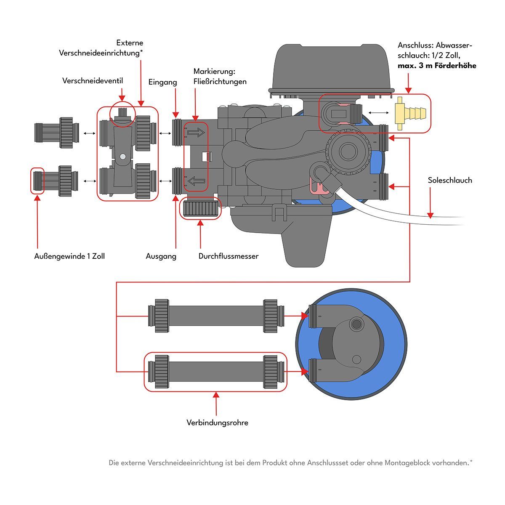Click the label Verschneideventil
pyautogui.click(x=93, y=80)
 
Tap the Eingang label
pyautogui.click(x=162, y=82)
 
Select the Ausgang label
pyautogui.click(x=161, y=256)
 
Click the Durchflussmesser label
pyautogui.click(x=228, y=256)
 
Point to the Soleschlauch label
pyautogui.click(x=450, y=180)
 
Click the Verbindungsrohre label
pyautogui.click(x=217, y=423)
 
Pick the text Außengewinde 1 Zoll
pyautogui.click(x=69, y=256)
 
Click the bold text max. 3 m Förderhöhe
pyautogui.click(x=437, y=66)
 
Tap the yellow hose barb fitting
pyautogui.click(x=410, y=113)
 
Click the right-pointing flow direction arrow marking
pyautogui.click(x=196, y=133)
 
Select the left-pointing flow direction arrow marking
pyautogui.click(x=196, y=181)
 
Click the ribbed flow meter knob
pyautogui.click(x=200, y=208)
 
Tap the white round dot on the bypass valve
pyautogui.click(x=122, y=157)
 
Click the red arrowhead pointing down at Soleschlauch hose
pyautogui.click(x=430, y=215)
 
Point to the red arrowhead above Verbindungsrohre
pyautogui.click(x=216, y=395)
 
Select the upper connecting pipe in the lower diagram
pyautogui.click(x=216, y=316)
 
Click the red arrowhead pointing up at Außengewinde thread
pyautogui.click(x=37, y=198)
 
